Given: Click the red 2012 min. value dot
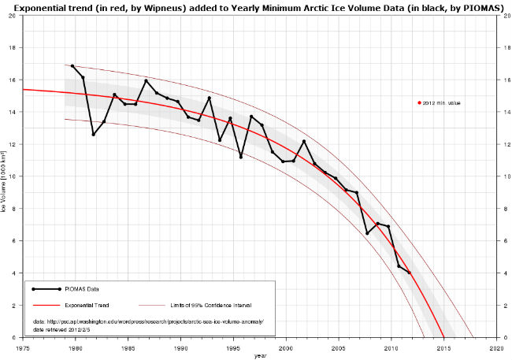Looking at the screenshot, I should click(x=420, y=102).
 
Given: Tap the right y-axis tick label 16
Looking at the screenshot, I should click(x=502, y=80).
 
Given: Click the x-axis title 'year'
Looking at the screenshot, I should click(x=260, y=355).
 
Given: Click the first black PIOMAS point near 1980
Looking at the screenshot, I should click(x=72, y=66).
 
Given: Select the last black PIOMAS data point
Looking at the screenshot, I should click(x=410, y=273).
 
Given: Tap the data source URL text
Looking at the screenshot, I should click(x=147, y=321).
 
